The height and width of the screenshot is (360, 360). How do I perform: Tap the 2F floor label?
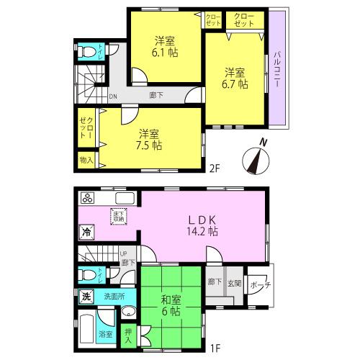click(x=213, y=171)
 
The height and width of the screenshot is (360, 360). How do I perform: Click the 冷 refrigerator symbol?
click(x=86, y=233)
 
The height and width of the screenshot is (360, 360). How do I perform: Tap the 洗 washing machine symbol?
click(x=86, y=297)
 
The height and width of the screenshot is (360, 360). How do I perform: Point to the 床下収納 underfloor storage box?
click(x=118, y=215)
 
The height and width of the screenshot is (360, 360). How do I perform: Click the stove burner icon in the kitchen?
click(x=88, y=198)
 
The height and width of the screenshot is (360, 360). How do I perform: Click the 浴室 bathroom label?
click(x=106, y=333)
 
